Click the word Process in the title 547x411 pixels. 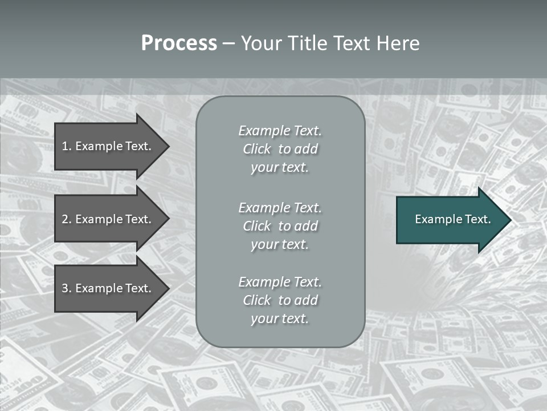coord(179,43)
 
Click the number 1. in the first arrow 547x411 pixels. coord(66,146)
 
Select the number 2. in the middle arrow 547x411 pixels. coord(66,219)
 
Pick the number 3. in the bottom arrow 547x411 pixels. coord(66,288)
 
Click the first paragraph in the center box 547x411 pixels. coord(280,149)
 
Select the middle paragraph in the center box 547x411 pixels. coord(280,226)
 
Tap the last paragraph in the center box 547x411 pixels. coord(280,300)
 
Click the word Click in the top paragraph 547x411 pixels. coord(257,149)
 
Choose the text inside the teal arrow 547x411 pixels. coord(452,219)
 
